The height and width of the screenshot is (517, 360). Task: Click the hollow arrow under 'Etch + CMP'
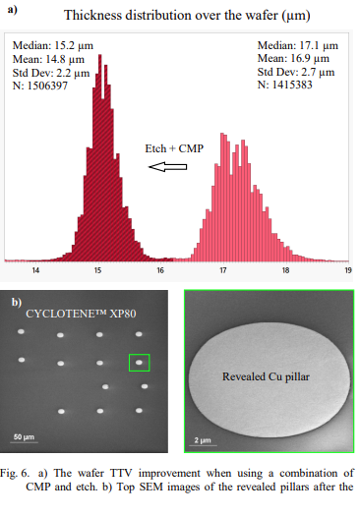coord(167,168)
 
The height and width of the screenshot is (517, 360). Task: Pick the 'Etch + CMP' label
coord(173,148)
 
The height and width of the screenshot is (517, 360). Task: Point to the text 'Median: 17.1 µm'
coord(298,45)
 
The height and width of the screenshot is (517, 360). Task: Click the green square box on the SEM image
coord(140,362)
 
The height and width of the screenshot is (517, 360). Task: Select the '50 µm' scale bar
coord(24,435)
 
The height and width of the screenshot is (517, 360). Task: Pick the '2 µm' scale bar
coord(204,439)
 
